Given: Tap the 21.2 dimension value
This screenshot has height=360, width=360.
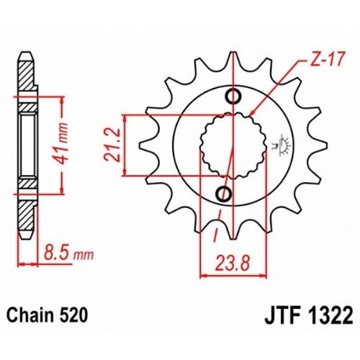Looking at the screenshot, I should [x=112, y=144].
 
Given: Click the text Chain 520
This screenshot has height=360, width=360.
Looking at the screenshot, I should [x=48, y=315].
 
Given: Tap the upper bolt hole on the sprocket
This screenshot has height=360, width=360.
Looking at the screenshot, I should [x=232, y=97].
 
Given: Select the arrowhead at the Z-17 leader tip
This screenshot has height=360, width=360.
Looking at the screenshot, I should [x=254, y=113].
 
